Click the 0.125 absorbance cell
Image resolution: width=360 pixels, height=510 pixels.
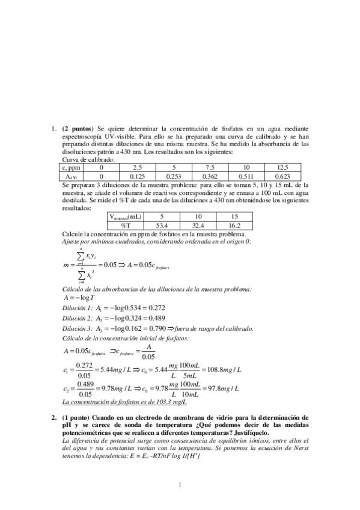point(138,176)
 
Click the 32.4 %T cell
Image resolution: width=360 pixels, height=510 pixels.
point(199,224)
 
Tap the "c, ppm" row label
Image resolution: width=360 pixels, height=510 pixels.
point(72,168)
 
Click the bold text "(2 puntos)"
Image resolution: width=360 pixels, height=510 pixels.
point(78,128)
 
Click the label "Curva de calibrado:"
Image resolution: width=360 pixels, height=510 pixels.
point(88,160)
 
